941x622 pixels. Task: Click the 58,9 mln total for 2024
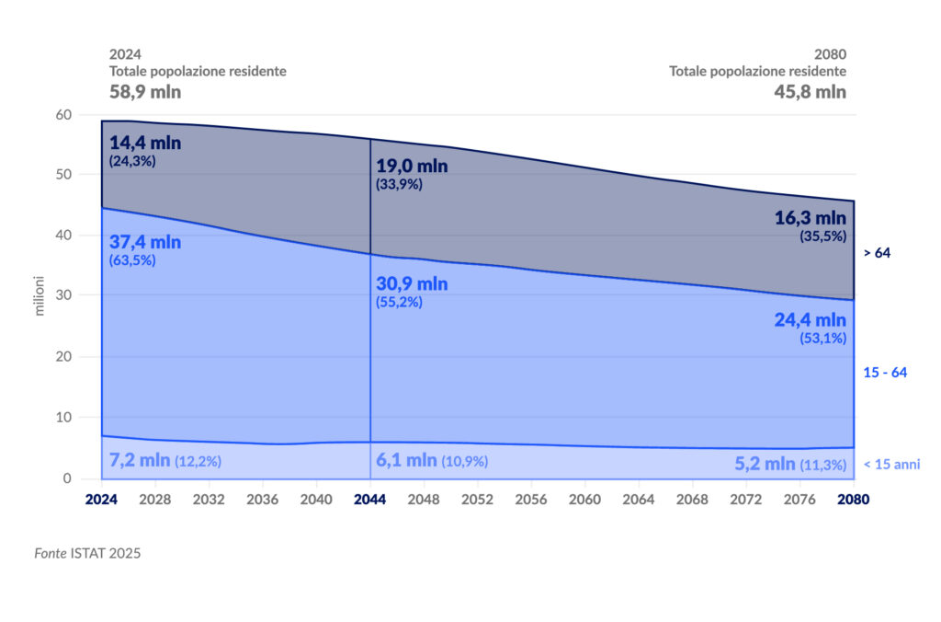[x=145, y=92]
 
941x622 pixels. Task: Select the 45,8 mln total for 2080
[x=809, y=92]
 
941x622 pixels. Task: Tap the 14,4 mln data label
[x=145, y=144]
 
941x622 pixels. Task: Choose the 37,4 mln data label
[x=145, y=243]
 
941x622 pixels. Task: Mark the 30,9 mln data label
[x=412, y=283]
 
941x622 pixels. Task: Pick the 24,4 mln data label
[x=810, y=320]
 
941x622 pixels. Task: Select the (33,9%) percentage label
[x=400, y=184]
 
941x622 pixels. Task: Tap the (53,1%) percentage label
[x=822, y=338]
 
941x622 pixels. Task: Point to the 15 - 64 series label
[x=886, y=373]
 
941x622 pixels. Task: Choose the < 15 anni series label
[x=891, y=465]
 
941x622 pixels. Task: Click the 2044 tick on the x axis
[x=370, y=499]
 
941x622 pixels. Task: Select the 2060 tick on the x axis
[x=584, y=499]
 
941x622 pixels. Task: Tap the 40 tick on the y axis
[x=63, y=236]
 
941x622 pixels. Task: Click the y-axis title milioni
[x=40, y=296]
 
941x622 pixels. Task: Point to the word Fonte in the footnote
[x=51, y=554]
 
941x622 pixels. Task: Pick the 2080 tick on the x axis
[x=854, y=499]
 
